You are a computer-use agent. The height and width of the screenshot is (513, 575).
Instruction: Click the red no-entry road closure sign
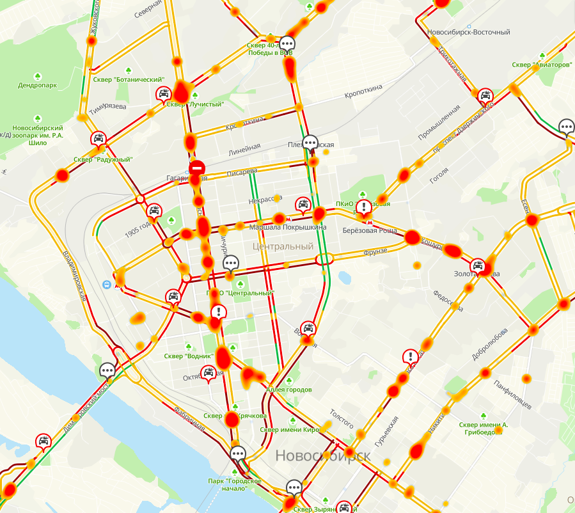(x=197, y=168)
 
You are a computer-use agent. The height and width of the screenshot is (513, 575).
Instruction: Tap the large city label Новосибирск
(x=323, y=455)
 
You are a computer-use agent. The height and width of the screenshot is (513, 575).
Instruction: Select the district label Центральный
(x=283, y=246)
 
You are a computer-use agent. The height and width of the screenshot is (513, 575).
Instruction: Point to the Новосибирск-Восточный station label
(x=468, y=32)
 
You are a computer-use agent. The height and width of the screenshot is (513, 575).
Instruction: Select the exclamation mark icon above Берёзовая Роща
(x=364, y=207)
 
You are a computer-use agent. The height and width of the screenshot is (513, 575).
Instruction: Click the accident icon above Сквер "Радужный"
(x=98, y=138)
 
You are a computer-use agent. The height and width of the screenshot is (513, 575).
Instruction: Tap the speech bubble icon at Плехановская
(x=310, y=143)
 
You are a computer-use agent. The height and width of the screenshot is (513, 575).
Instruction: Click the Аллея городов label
(x=288, y=390)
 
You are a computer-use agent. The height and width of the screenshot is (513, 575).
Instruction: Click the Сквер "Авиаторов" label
(x=542, y=65)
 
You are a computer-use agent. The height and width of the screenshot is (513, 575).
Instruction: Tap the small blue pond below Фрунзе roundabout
(x=345, y=278)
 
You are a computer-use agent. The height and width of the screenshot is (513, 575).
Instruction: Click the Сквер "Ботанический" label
(x=129, y=80)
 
